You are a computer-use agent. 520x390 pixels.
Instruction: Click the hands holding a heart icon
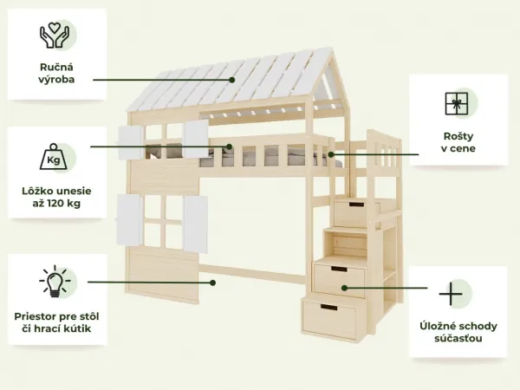click(x=55, y=36)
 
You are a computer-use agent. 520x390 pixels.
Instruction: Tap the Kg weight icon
click(x=54, y=157)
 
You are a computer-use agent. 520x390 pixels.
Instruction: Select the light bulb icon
click(x=55, y=281)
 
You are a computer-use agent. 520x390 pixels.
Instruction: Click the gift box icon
click(x=457, y=104)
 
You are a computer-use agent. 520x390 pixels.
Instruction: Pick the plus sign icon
click(x=451, y=294)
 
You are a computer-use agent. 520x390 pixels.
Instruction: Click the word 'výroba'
click(x=56, y=80)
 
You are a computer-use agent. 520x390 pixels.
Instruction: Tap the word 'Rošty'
click(x=458, y=136)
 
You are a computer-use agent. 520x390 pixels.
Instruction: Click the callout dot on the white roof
click(x=232, y=80)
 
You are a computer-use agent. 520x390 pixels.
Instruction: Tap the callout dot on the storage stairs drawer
click(x=345, y=288)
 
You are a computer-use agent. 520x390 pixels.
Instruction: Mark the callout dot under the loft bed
click(x=213, y=283)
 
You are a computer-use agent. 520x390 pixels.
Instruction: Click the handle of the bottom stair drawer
click(x=328, y=308)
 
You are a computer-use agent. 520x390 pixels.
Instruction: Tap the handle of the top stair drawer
click(x=356, y=205)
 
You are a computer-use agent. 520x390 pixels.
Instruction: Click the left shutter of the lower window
click(x=130, y=220)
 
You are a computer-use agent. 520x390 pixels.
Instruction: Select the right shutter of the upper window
click(x=197, y=140)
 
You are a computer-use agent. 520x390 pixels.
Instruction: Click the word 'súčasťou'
click(x=458, y=339)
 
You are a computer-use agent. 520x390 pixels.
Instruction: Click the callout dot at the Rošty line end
click(x=331, y=154)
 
